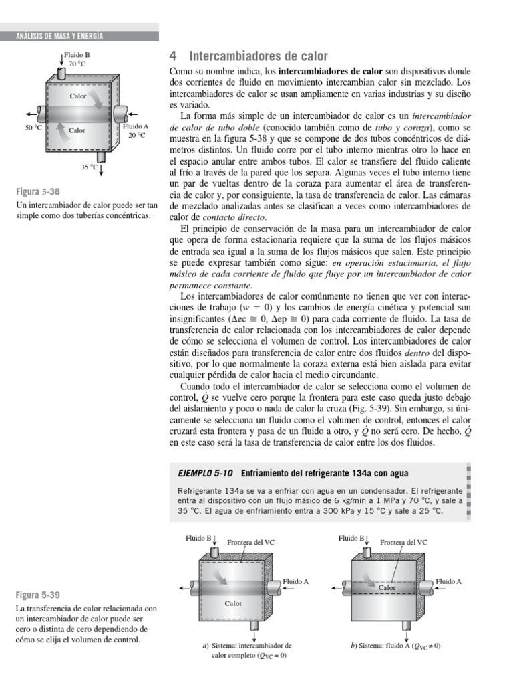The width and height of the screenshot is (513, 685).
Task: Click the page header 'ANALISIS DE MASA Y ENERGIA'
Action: [60, 36]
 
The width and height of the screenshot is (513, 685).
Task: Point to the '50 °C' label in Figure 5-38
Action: [33, 126]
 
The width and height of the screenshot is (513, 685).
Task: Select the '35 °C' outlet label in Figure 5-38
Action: [90, 167]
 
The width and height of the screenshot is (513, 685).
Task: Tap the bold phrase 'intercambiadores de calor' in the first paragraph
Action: [330, 70]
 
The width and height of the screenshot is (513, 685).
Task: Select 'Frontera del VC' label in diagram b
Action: [403, 542]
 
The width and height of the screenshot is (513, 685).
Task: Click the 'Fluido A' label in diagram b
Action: [448, 581]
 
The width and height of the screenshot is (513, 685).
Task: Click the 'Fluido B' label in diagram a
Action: [198, 537]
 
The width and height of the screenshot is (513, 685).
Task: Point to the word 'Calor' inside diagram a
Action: [233, 603]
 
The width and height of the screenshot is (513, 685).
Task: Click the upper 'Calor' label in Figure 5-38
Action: [78, 96]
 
